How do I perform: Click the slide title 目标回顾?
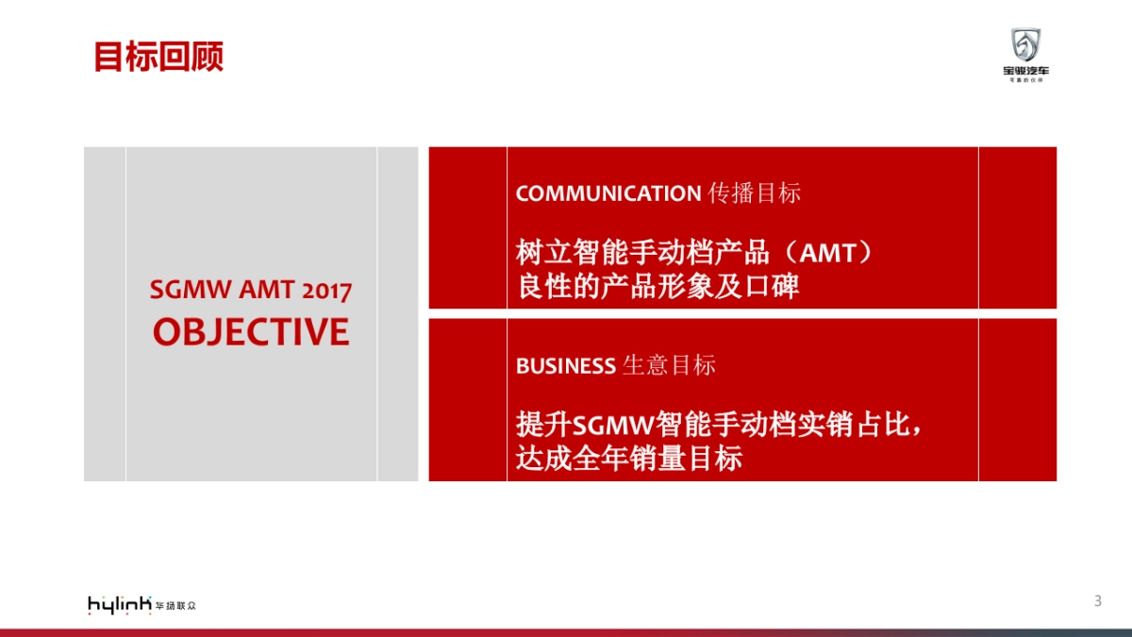158,57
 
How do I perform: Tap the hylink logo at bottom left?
119,605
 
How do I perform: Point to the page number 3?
1097,601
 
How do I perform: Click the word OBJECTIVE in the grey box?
251,332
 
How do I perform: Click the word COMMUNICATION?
608,193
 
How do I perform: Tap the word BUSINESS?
565,366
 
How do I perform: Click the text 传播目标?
754,193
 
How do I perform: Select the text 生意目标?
669,366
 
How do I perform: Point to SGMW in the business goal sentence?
613,426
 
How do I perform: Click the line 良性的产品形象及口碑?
658,286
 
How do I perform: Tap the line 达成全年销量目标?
629,459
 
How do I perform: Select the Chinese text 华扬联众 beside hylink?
175,605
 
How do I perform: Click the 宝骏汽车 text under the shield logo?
1025,71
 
